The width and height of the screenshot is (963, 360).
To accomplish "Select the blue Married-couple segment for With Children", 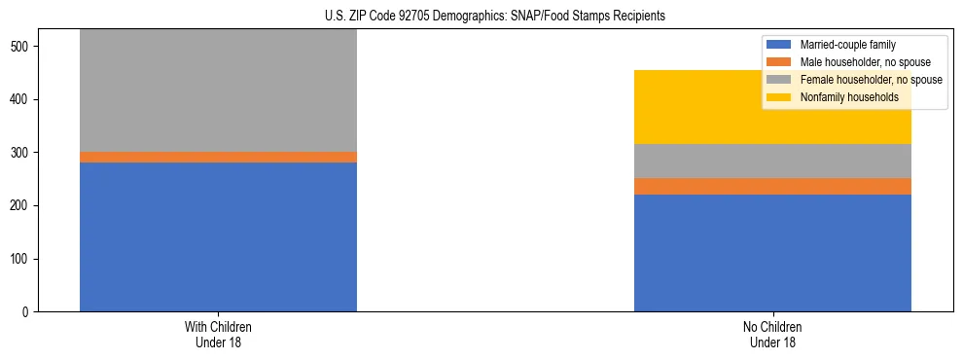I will point(218,236).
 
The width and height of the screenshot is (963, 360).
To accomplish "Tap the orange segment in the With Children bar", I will point(218,157).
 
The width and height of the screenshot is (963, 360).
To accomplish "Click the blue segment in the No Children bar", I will point(772,253).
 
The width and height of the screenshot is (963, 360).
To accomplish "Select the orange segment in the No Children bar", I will point(772,186).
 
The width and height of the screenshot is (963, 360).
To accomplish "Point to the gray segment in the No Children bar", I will point(772,161).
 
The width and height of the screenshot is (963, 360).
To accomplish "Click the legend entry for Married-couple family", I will point(847,45).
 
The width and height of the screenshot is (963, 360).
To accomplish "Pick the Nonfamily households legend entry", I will point(842,97).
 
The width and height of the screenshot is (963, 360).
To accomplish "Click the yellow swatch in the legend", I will point(780,97).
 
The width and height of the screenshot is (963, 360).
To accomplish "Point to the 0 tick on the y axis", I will point(30,312).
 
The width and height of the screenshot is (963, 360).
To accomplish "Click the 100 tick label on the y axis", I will point(23,259).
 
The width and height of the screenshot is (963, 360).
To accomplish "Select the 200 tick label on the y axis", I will point(23,206).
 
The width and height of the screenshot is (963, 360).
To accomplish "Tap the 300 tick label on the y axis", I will point(23,153).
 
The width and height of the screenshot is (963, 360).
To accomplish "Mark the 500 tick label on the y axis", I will point(23,47).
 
